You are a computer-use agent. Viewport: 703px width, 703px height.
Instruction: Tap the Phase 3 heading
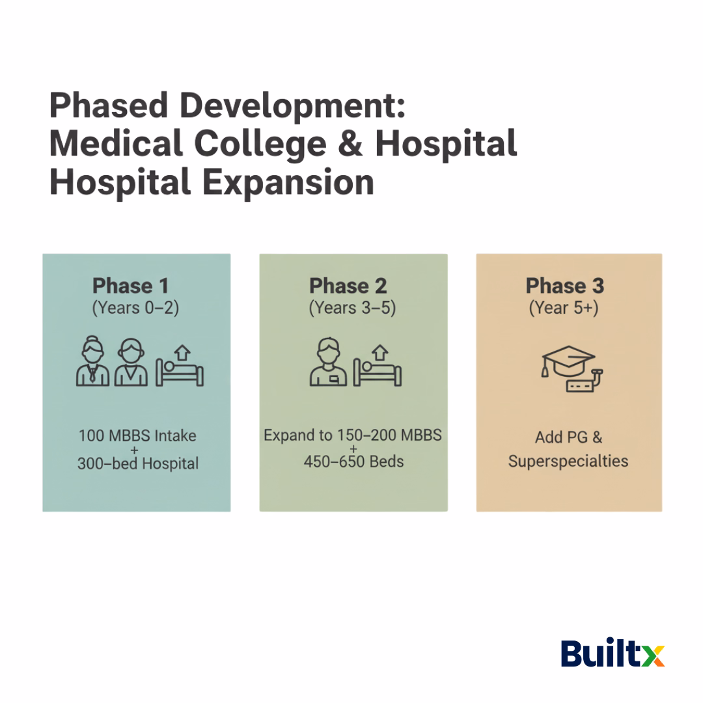(564, 286)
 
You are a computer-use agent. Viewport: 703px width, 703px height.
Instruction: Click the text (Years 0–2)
(135, 308)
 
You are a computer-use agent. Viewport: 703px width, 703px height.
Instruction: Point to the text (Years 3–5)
(352, 308)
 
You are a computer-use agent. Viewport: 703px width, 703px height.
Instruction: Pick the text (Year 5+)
(564, 308)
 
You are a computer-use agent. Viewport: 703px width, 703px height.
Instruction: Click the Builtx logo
(613, 654)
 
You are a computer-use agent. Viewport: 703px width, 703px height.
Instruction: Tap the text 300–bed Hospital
(138, 463)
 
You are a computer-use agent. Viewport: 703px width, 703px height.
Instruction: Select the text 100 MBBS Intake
(137, 435)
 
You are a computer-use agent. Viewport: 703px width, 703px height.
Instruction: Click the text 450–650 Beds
(353, 462)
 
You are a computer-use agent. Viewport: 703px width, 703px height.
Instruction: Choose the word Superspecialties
(568, 462)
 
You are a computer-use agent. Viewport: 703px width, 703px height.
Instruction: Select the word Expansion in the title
(286, 182)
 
